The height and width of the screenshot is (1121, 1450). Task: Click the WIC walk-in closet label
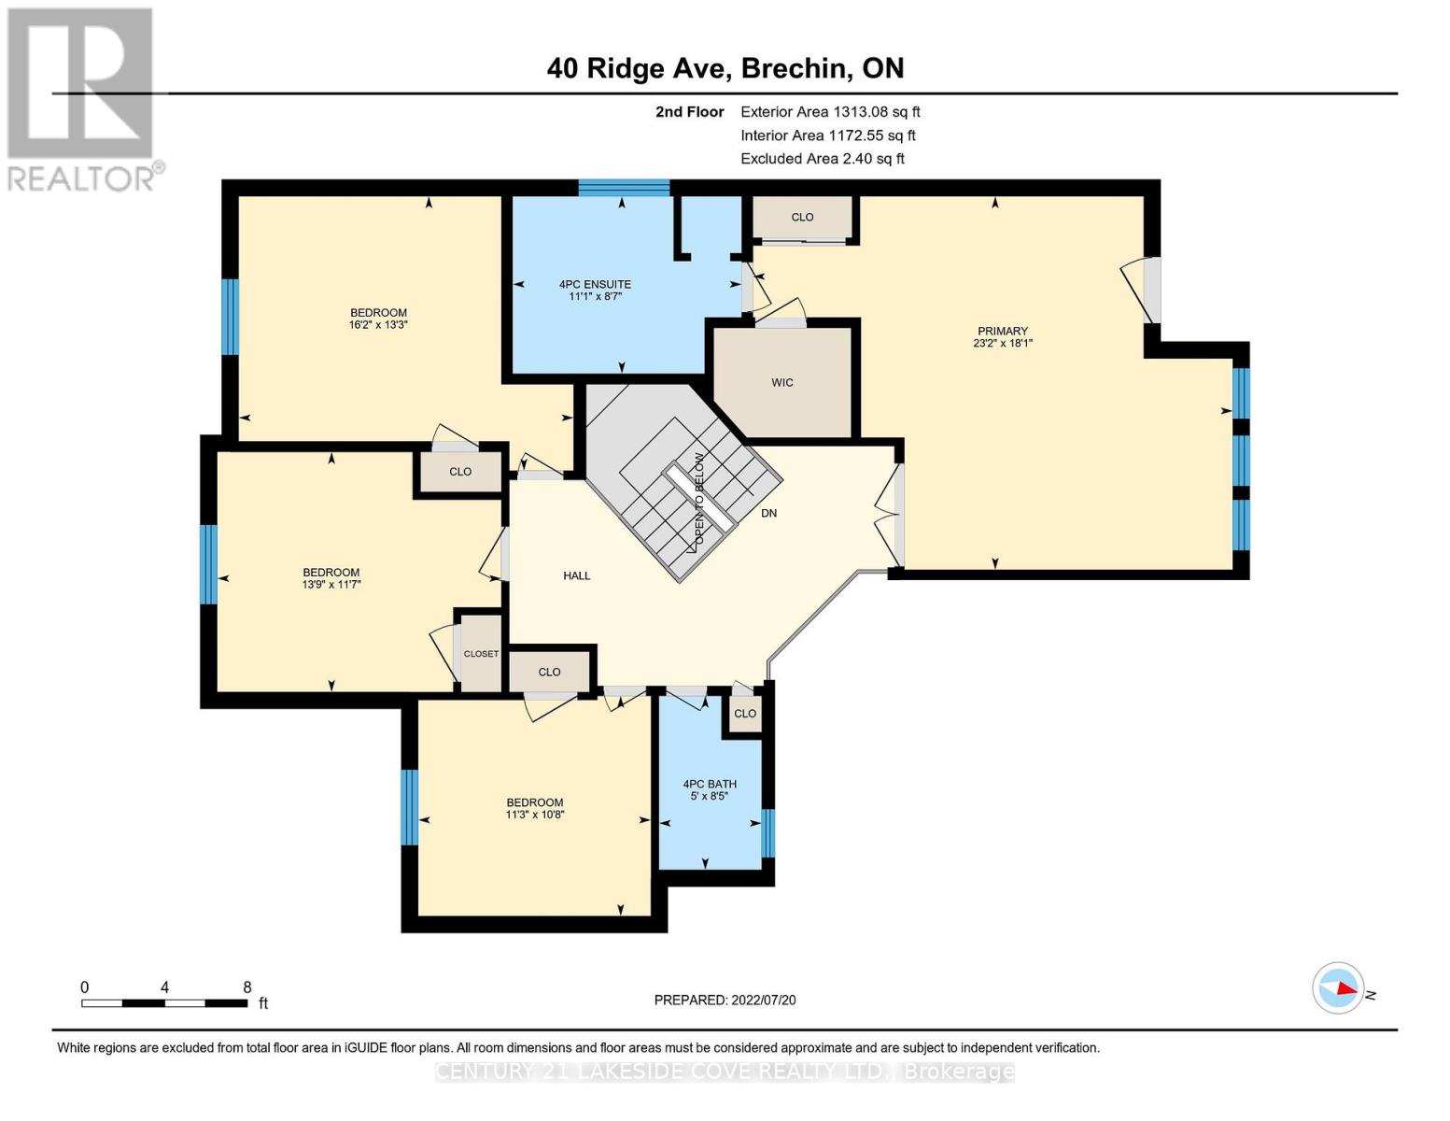(782, 382)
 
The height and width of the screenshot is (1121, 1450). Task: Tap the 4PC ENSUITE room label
(595, 284)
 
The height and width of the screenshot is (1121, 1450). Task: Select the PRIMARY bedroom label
(1002, 331)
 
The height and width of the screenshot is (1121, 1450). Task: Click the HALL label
(577, 575)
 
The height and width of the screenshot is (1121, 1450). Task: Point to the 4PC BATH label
(710, 784)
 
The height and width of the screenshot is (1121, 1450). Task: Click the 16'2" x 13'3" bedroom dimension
(378, 325)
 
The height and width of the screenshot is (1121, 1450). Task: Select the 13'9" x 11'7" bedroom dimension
(331, 585)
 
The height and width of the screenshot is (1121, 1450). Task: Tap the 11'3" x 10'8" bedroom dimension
(535, 815)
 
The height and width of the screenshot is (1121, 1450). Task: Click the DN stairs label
(768, 513)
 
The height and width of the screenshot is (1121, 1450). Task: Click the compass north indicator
(1339, 987)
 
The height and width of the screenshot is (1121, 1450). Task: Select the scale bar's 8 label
(247, 986)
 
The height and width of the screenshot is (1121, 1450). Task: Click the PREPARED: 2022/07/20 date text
(725, 1000)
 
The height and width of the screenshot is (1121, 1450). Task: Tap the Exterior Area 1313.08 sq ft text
(830, 111)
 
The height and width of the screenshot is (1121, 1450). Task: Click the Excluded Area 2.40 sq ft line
(823, 159)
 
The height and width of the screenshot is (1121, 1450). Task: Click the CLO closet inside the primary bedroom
(802, 217)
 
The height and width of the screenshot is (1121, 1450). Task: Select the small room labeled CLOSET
(481, 653)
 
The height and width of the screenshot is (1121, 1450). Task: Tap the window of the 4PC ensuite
(624, 188)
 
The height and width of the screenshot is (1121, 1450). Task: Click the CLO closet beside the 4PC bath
(745, 714)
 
